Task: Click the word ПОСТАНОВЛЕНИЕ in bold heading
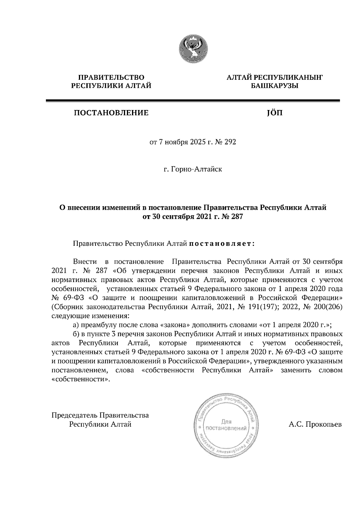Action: pos(111,113)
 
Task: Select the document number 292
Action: pos(230,142)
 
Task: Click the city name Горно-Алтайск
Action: pos(196,170)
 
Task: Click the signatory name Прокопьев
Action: pos(323,424)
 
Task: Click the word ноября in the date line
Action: pos(177,142)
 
